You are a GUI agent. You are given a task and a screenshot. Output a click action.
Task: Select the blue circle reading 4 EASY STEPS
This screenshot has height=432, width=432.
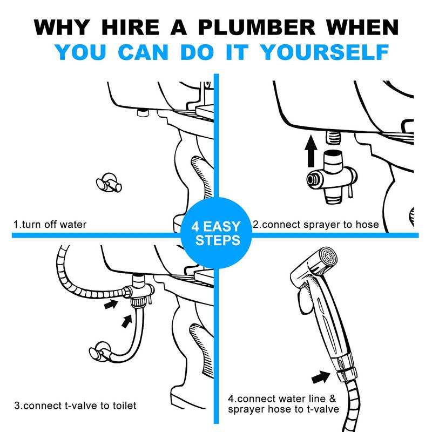[217, 232]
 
